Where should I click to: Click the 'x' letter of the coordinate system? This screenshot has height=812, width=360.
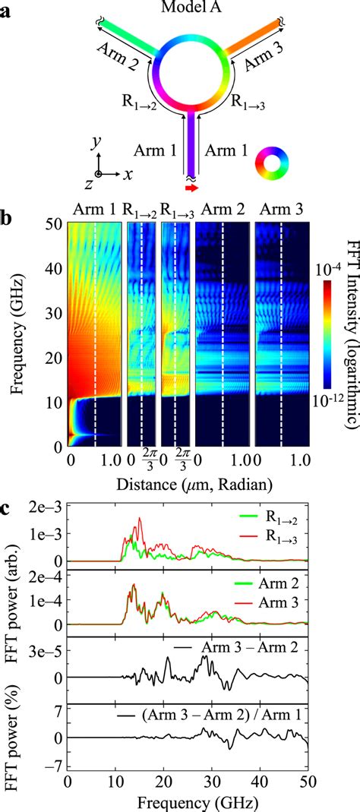pyautogui.click(x=129, y=173)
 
